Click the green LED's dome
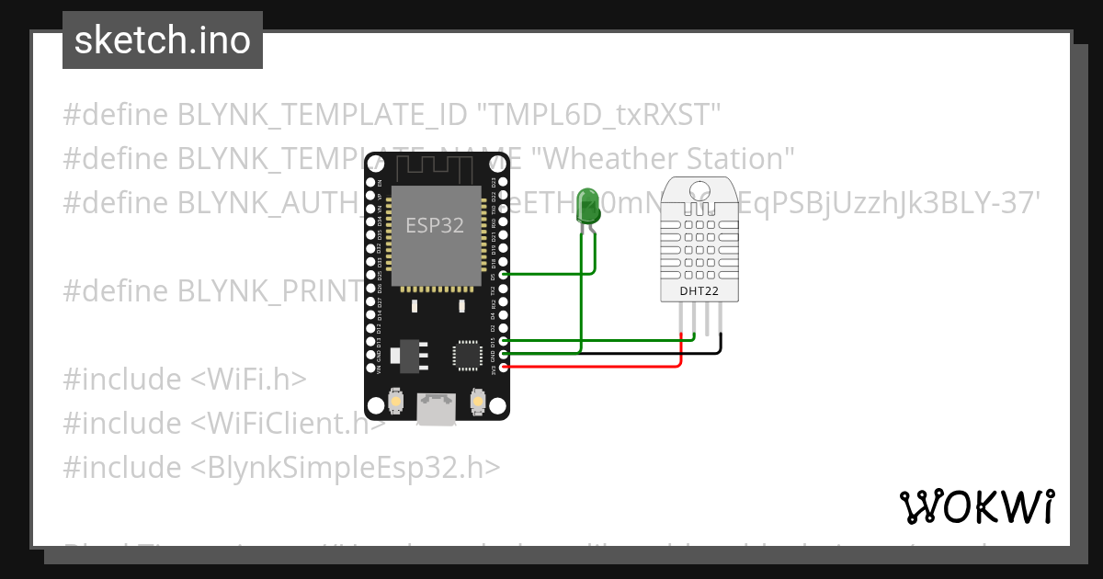(x=586, y=207)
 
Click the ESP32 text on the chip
(x=435, y=224)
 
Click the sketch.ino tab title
(x=163, y=40)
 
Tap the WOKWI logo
(x=976, y=506)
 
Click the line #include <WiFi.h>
(x=185, y=380)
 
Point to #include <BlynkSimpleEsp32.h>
(x=281, y=468)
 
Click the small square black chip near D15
(x=467, y=354)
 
